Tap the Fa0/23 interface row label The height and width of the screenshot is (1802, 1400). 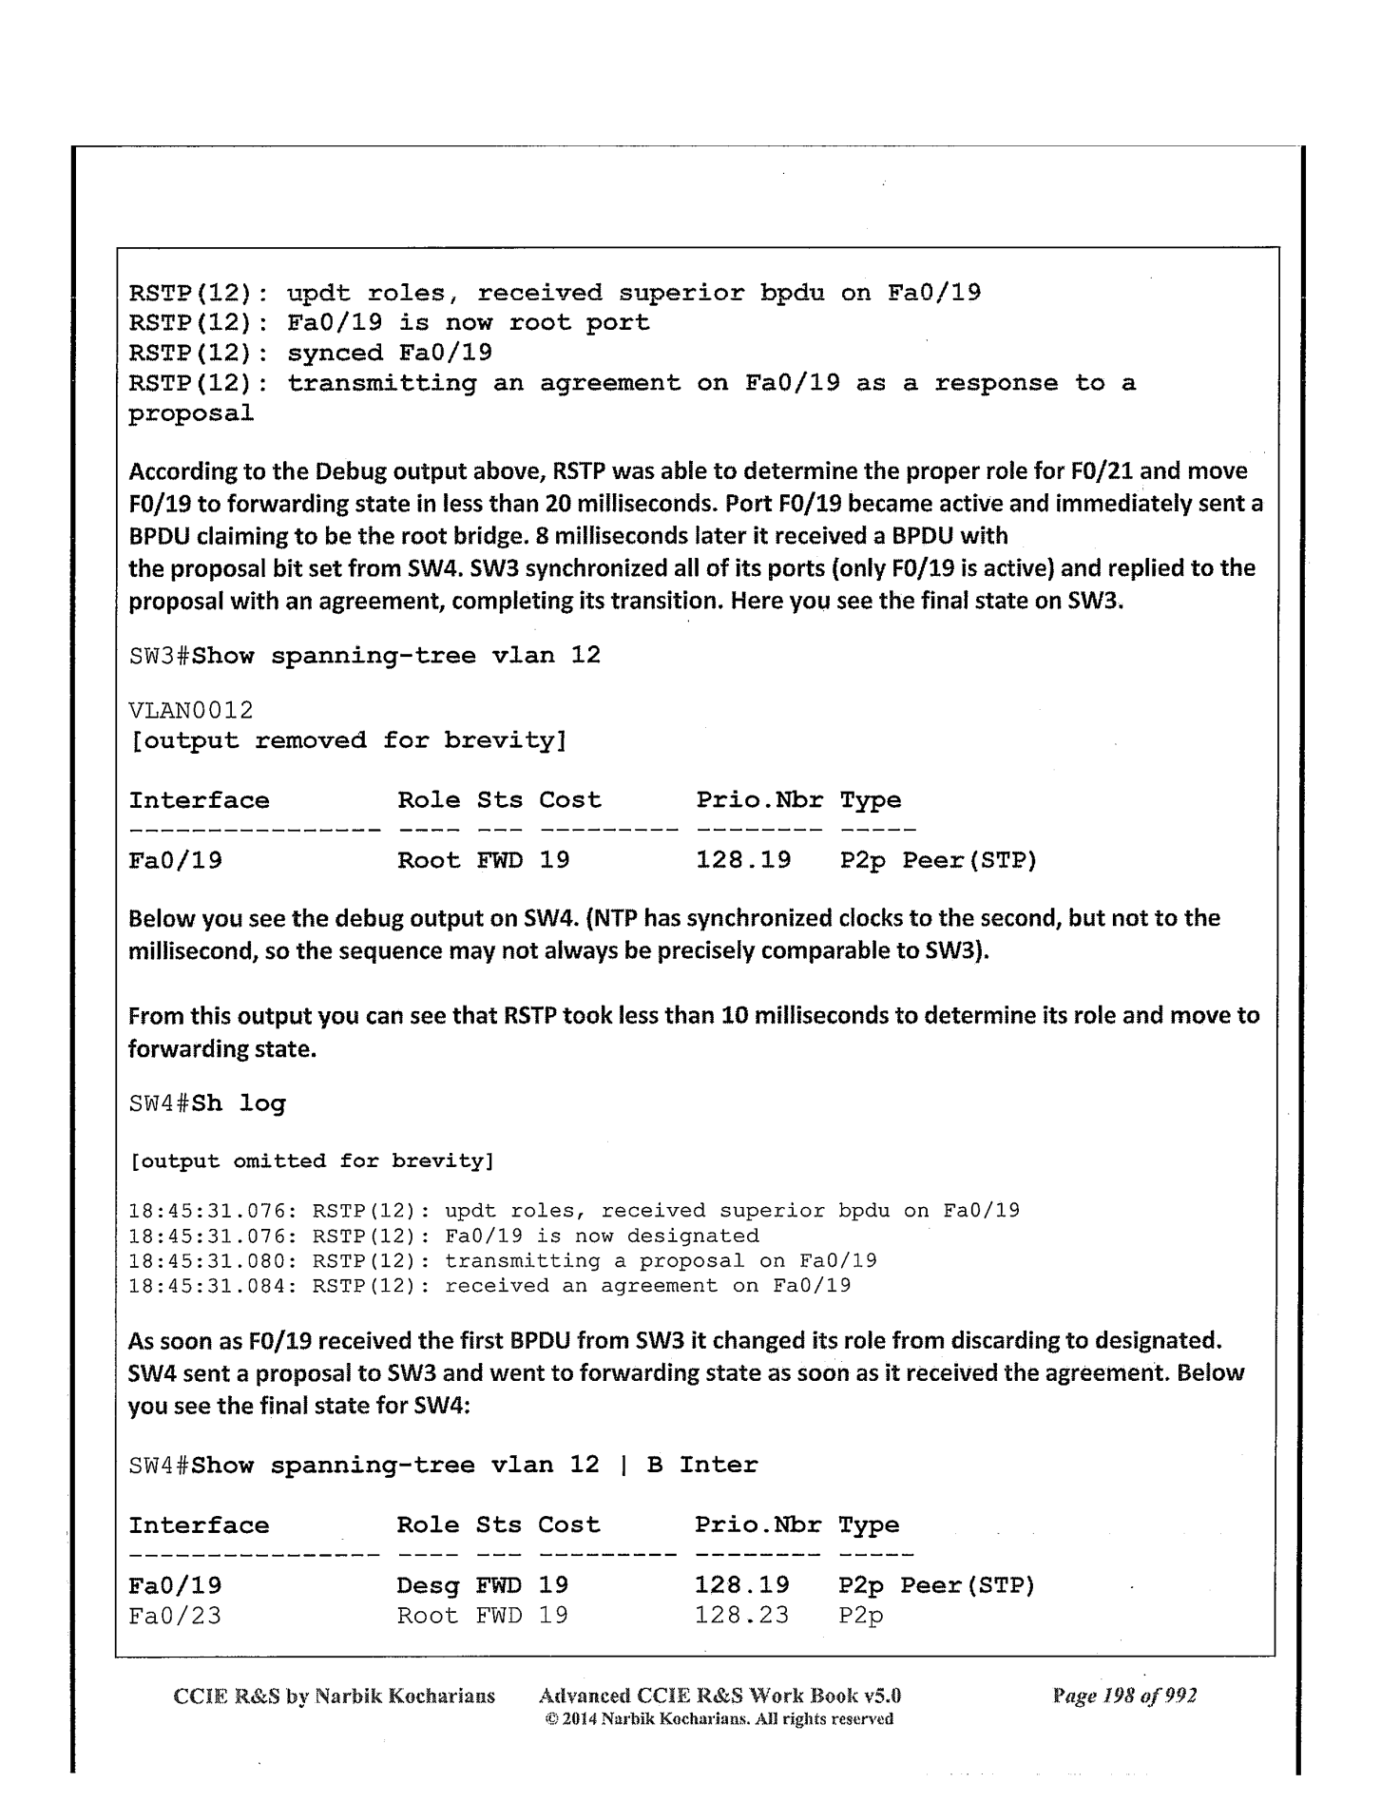pos(175,1615)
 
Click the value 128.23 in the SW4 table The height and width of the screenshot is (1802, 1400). pos(741,1615)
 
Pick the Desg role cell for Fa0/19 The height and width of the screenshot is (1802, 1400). pos(428,1584)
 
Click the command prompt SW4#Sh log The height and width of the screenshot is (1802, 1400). pos(206,1103)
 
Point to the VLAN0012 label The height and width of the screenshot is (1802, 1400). pos(191,710)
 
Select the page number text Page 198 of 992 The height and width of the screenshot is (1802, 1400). pos(1124,1696)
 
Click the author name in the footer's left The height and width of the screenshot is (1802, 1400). pos(335,1696)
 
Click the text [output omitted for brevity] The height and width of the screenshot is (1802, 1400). pos(311,1160)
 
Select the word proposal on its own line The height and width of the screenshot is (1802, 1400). pos(191,414)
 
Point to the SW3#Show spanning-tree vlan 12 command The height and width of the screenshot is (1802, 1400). pos(364,656)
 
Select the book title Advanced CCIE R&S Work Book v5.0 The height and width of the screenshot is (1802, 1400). pos(719,1696)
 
